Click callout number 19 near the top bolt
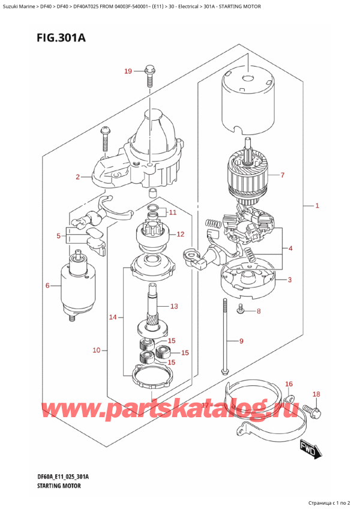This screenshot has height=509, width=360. coord(128,72)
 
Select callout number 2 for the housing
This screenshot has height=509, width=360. coord(77,177)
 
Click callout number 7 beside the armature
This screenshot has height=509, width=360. coord(283,176)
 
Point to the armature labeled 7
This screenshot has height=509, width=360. coord(249,174)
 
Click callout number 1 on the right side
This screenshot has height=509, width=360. coord(317,206)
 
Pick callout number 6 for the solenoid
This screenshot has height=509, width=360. coord(47,285)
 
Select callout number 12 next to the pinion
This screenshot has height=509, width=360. coord(180,234)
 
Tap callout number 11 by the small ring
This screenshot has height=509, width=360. coord(173,212)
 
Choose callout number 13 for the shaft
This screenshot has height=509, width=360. coord(174,306)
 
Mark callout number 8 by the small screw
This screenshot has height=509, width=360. coord(259,311)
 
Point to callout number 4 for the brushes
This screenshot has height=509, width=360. coord(290,248)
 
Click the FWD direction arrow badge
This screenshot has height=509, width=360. coord(307,448)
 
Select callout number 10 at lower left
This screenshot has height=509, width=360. coord(97,349)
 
